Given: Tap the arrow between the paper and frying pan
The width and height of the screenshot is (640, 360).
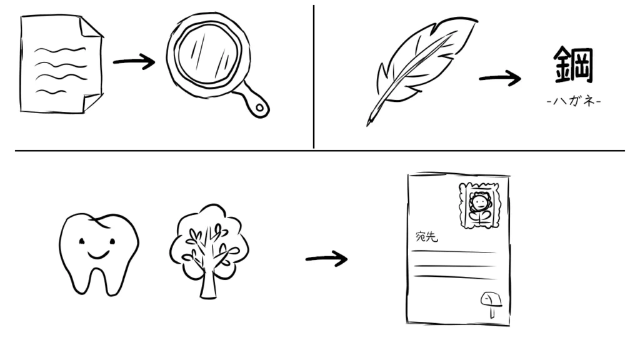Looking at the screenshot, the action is click(x=134, y=62).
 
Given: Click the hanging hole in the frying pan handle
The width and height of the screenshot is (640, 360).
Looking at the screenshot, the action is click(x=259, y=107).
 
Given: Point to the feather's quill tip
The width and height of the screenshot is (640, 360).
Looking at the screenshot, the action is click(x=368, y=123).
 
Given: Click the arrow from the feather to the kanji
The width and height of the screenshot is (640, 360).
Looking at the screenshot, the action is click(x=500, y=78).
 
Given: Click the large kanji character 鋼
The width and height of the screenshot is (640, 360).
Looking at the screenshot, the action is click(x=573, y=64).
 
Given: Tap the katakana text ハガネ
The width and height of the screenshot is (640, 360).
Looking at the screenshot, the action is click(x=574, y=101).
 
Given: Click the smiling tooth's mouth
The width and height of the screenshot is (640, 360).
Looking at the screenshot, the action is click(x=98, y=255).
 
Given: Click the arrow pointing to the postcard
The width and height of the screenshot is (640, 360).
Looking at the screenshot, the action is click(x=326, y=259).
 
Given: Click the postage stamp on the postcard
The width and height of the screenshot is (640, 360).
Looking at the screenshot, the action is click(x=479, y=205).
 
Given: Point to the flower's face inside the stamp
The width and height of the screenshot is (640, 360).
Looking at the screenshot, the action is click(x=478, y=202).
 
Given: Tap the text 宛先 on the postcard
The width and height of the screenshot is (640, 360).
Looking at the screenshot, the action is click(x=426, y=236).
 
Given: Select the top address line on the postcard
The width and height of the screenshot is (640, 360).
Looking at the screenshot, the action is click(x=454, y=252).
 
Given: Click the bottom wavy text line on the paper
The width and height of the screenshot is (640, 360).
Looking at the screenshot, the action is click(x=51, y=92).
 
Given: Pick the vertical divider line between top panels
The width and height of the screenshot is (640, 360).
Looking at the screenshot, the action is click(x=314, y=77).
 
